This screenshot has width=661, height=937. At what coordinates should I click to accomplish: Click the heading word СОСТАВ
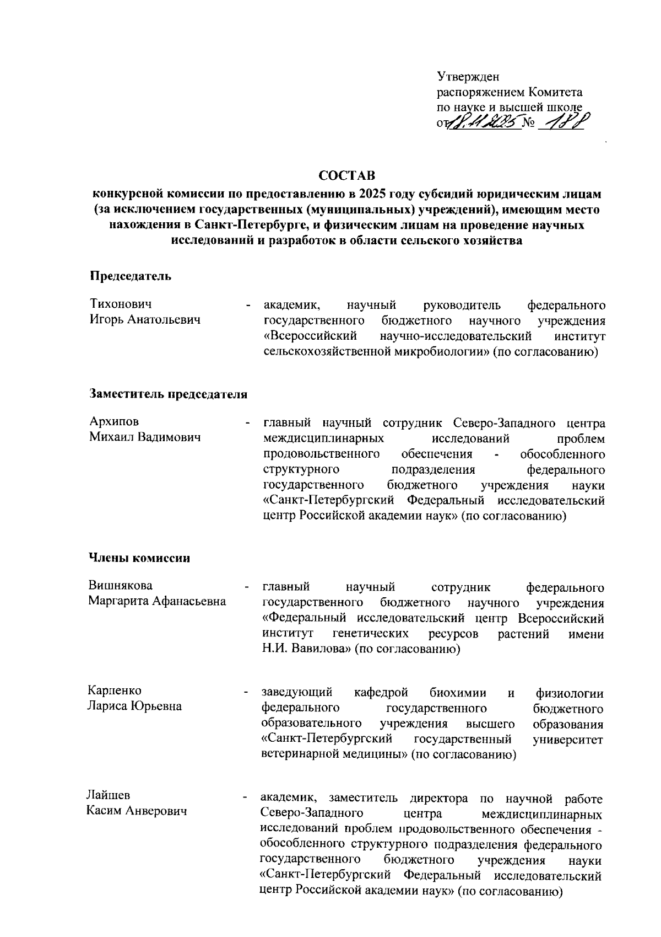point(347,175)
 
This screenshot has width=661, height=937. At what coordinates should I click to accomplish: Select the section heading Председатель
point(131,276)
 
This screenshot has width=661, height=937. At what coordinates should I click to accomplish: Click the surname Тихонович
point(121,304)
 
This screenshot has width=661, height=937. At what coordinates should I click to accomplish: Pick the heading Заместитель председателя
point(168,394)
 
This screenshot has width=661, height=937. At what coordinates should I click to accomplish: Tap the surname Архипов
point(114,422)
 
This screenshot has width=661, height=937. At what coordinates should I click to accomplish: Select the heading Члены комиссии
point(140,558)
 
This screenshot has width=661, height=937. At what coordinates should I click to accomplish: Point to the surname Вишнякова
point(121,586)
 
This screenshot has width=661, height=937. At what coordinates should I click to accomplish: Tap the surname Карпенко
point(115,691)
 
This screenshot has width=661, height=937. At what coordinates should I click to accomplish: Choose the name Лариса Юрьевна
point(135,706)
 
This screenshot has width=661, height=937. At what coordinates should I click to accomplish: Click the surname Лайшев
point(109,796)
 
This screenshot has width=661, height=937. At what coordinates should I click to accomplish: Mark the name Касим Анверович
point(137,811)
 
